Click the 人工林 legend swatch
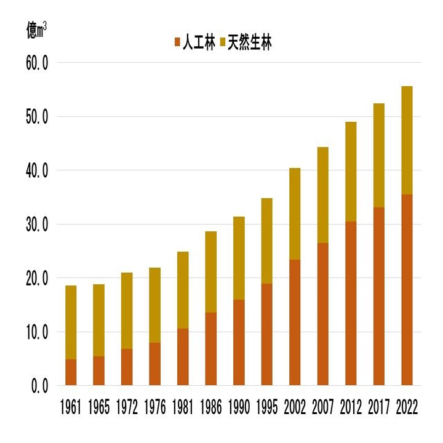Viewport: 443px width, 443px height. coord(178,42)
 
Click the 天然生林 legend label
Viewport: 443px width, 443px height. coord(249,42)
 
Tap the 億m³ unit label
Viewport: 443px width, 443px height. coord(36,30)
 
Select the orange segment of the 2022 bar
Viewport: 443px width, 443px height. coord(406,289)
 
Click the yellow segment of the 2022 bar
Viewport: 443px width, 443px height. coord(406,140)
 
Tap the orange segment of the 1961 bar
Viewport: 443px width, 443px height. coord(71,372)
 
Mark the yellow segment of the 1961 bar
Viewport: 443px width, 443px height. coord(71,322)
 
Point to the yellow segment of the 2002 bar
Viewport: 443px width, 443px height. coord(294,214)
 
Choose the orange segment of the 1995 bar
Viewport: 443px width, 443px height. coord(266,334)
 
